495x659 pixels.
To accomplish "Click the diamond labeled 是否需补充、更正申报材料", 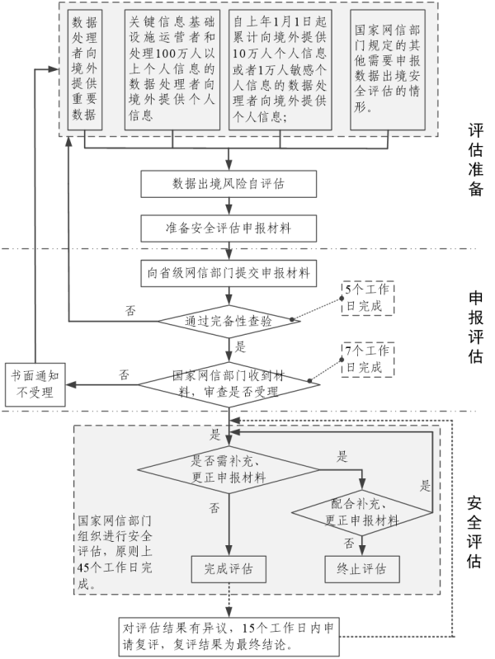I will point(228,469).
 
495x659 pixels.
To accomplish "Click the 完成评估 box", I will point(228,568).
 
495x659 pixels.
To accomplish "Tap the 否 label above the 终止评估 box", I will point(349,543).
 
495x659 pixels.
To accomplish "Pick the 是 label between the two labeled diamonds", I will point(342,455).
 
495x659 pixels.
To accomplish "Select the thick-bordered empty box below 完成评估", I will point(228,635).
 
